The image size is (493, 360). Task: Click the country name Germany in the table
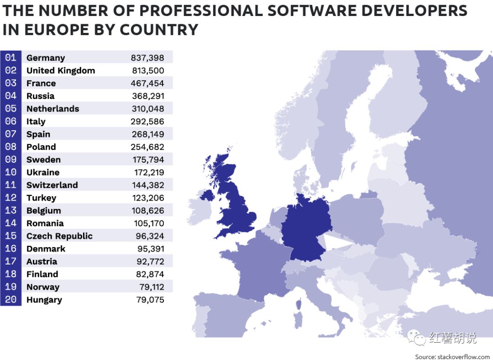(x=46, y=58)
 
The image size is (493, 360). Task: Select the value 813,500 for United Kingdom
(x=147, y=71)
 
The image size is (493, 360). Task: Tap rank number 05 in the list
(x=10, y=109)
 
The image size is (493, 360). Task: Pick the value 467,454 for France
(x=147, y=84)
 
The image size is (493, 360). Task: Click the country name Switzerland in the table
(x=52, y=185)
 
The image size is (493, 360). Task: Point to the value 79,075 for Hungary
(x=151, y=300)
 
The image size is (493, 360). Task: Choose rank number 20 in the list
(x=10, y=300)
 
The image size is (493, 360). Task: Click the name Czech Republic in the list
(x=59, y=236)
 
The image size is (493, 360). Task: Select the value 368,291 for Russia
(x=147, y=96)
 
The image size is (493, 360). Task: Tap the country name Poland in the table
(x=41, y=147)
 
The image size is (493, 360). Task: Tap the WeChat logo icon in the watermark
(x=416, y=338)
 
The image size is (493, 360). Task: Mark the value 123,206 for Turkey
(x=147, y=198)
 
